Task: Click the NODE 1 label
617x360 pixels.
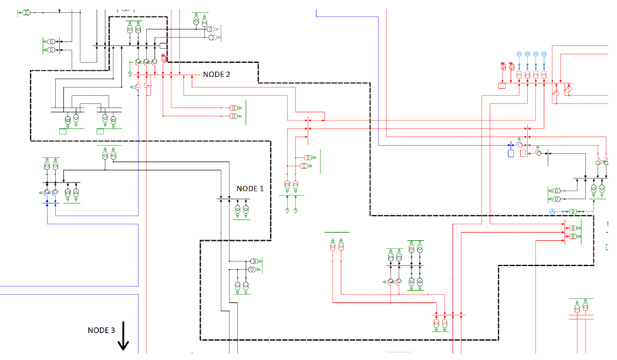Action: pos(250,189)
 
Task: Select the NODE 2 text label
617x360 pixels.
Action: pos(217,75)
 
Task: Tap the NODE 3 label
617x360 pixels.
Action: pos(101,330)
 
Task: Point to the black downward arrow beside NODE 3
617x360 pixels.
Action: pos(123,335)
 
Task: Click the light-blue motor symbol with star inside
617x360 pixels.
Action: pos(552,211)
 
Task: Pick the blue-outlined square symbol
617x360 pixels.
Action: pos(511,153)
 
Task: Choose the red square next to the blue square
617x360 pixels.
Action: pos(522,153)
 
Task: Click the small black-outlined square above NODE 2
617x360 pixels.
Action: pos(164,46)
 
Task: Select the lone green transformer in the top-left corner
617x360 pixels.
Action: pos(26,12)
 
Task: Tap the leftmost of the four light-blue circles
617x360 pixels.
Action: pos(519,54)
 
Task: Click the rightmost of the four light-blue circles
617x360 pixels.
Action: pos(544,54)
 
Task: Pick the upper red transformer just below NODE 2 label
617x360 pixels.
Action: pos(233,109)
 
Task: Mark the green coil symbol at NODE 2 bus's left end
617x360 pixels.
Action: pos(130,73)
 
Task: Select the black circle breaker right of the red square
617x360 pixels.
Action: pos(538,153)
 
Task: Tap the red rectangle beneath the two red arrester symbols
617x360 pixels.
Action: pos(502,86)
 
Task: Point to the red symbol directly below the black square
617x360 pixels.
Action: pos(164,58)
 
